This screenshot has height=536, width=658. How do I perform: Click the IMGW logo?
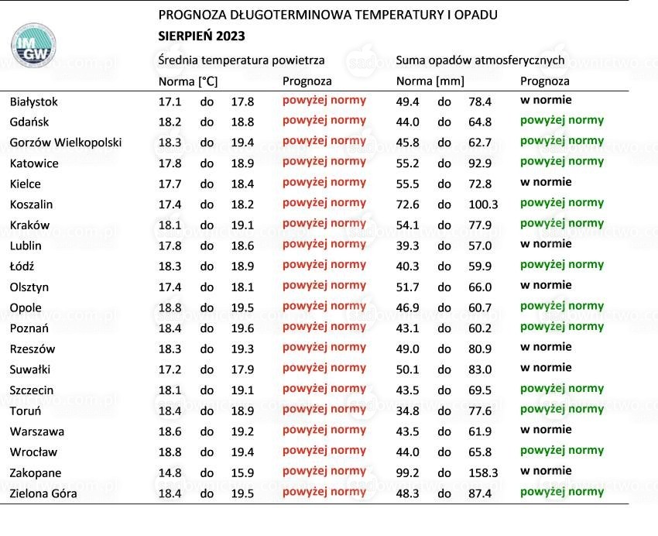(33, 45)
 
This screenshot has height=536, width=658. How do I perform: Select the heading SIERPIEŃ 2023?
(201, 36)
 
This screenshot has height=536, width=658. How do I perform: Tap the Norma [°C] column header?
(188, 81)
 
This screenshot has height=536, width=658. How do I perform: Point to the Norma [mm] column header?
(430, 81)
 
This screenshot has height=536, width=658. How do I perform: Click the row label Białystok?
(33, 102)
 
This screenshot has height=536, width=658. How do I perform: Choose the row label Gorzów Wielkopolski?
(66, 143)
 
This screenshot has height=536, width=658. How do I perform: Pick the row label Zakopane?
(36, 473)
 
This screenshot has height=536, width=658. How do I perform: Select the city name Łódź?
(22, 266)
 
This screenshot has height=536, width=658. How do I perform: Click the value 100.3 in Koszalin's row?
(483, 204)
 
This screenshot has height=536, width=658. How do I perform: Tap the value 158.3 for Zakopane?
(483, 473)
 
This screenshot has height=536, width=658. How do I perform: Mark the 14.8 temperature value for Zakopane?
(170, 473)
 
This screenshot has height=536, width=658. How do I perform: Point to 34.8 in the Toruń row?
(407, 411)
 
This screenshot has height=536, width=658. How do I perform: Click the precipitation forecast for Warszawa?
(546, 430)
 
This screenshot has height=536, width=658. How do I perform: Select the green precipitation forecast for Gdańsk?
(562, 121)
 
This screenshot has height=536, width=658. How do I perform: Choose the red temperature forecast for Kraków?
(324, 224)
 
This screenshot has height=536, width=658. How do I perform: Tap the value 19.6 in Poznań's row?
(242, 328)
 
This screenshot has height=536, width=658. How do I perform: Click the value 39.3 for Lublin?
(407, 246)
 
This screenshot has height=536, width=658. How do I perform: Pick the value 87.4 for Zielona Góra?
(480, 493)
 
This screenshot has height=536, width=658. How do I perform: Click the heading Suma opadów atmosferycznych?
(480, 60)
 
